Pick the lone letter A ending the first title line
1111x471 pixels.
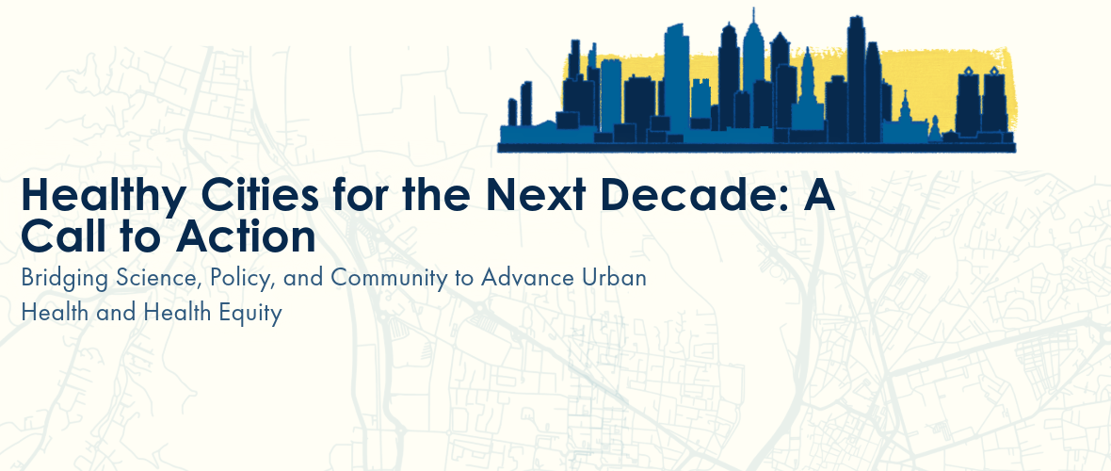coord(818,195)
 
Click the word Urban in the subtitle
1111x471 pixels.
coord(611,277)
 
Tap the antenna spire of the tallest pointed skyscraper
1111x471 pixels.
coord(753,16)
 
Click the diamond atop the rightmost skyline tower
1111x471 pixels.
coord(993,71)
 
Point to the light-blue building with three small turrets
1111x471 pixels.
coord(700,98)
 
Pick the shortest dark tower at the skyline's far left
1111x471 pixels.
coord(512,112)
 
